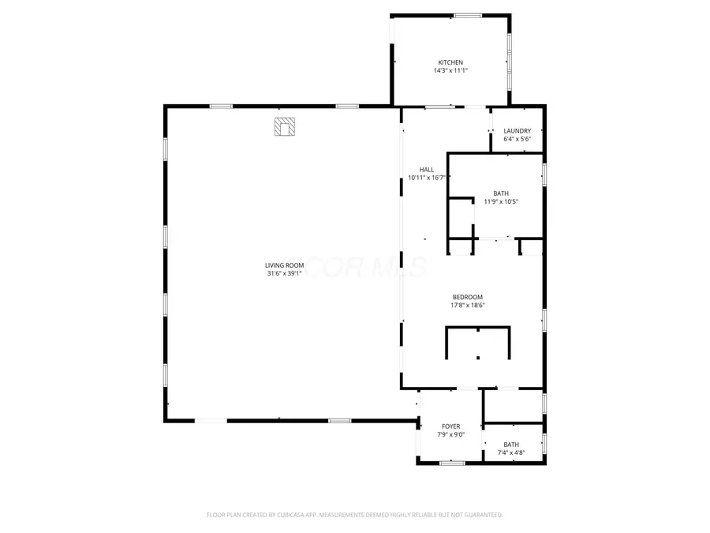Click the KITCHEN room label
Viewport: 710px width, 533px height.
450,62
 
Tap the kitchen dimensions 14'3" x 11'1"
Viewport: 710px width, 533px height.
450,71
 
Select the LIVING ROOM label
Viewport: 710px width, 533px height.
284,265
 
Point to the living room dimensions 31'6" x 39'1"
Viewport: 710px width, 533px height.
284,274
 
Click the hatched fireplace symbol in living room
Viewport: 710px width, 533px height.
284,126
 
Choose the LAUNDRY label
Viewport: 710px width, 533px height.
518,131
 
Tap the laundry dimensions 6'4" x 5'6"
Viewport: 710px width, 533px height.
518,140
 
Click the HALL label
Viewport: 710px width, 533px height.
427,170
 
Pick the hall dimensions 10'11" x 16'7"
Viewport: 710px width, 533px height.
427,178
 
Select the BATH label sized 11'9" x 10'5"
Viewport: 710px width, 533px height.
501,193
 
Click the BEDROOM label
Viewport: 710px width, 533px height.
468,297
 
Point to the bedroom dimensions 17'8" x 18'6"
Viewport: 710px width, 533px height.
468,306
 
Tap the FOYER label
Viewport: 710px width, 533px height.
450,426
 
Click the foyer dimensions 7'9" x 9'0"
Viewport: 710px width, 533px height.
450,435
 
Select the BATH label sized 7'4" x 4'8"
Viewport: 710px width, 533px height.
512,445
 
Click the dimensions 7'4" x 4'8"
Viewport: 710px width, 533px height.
512,453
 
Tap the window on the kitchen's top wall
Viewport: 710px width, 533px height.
468,15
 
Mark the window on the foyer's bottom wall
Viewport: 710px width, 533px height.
451,463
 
